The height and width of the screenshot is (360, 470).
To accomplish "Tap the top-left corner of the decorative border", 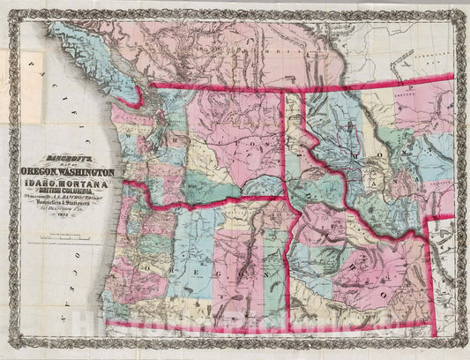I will [x=6, y=5].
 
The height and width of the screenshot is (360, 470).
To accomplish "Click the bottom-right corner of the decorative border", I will [x=464, y=354].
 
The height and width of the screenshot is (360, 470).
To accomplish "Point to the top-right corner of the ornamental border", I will [x=464, y=5].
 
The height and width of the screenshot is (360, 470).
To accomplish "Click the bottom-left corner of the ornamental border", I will [x=6, y=354].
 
